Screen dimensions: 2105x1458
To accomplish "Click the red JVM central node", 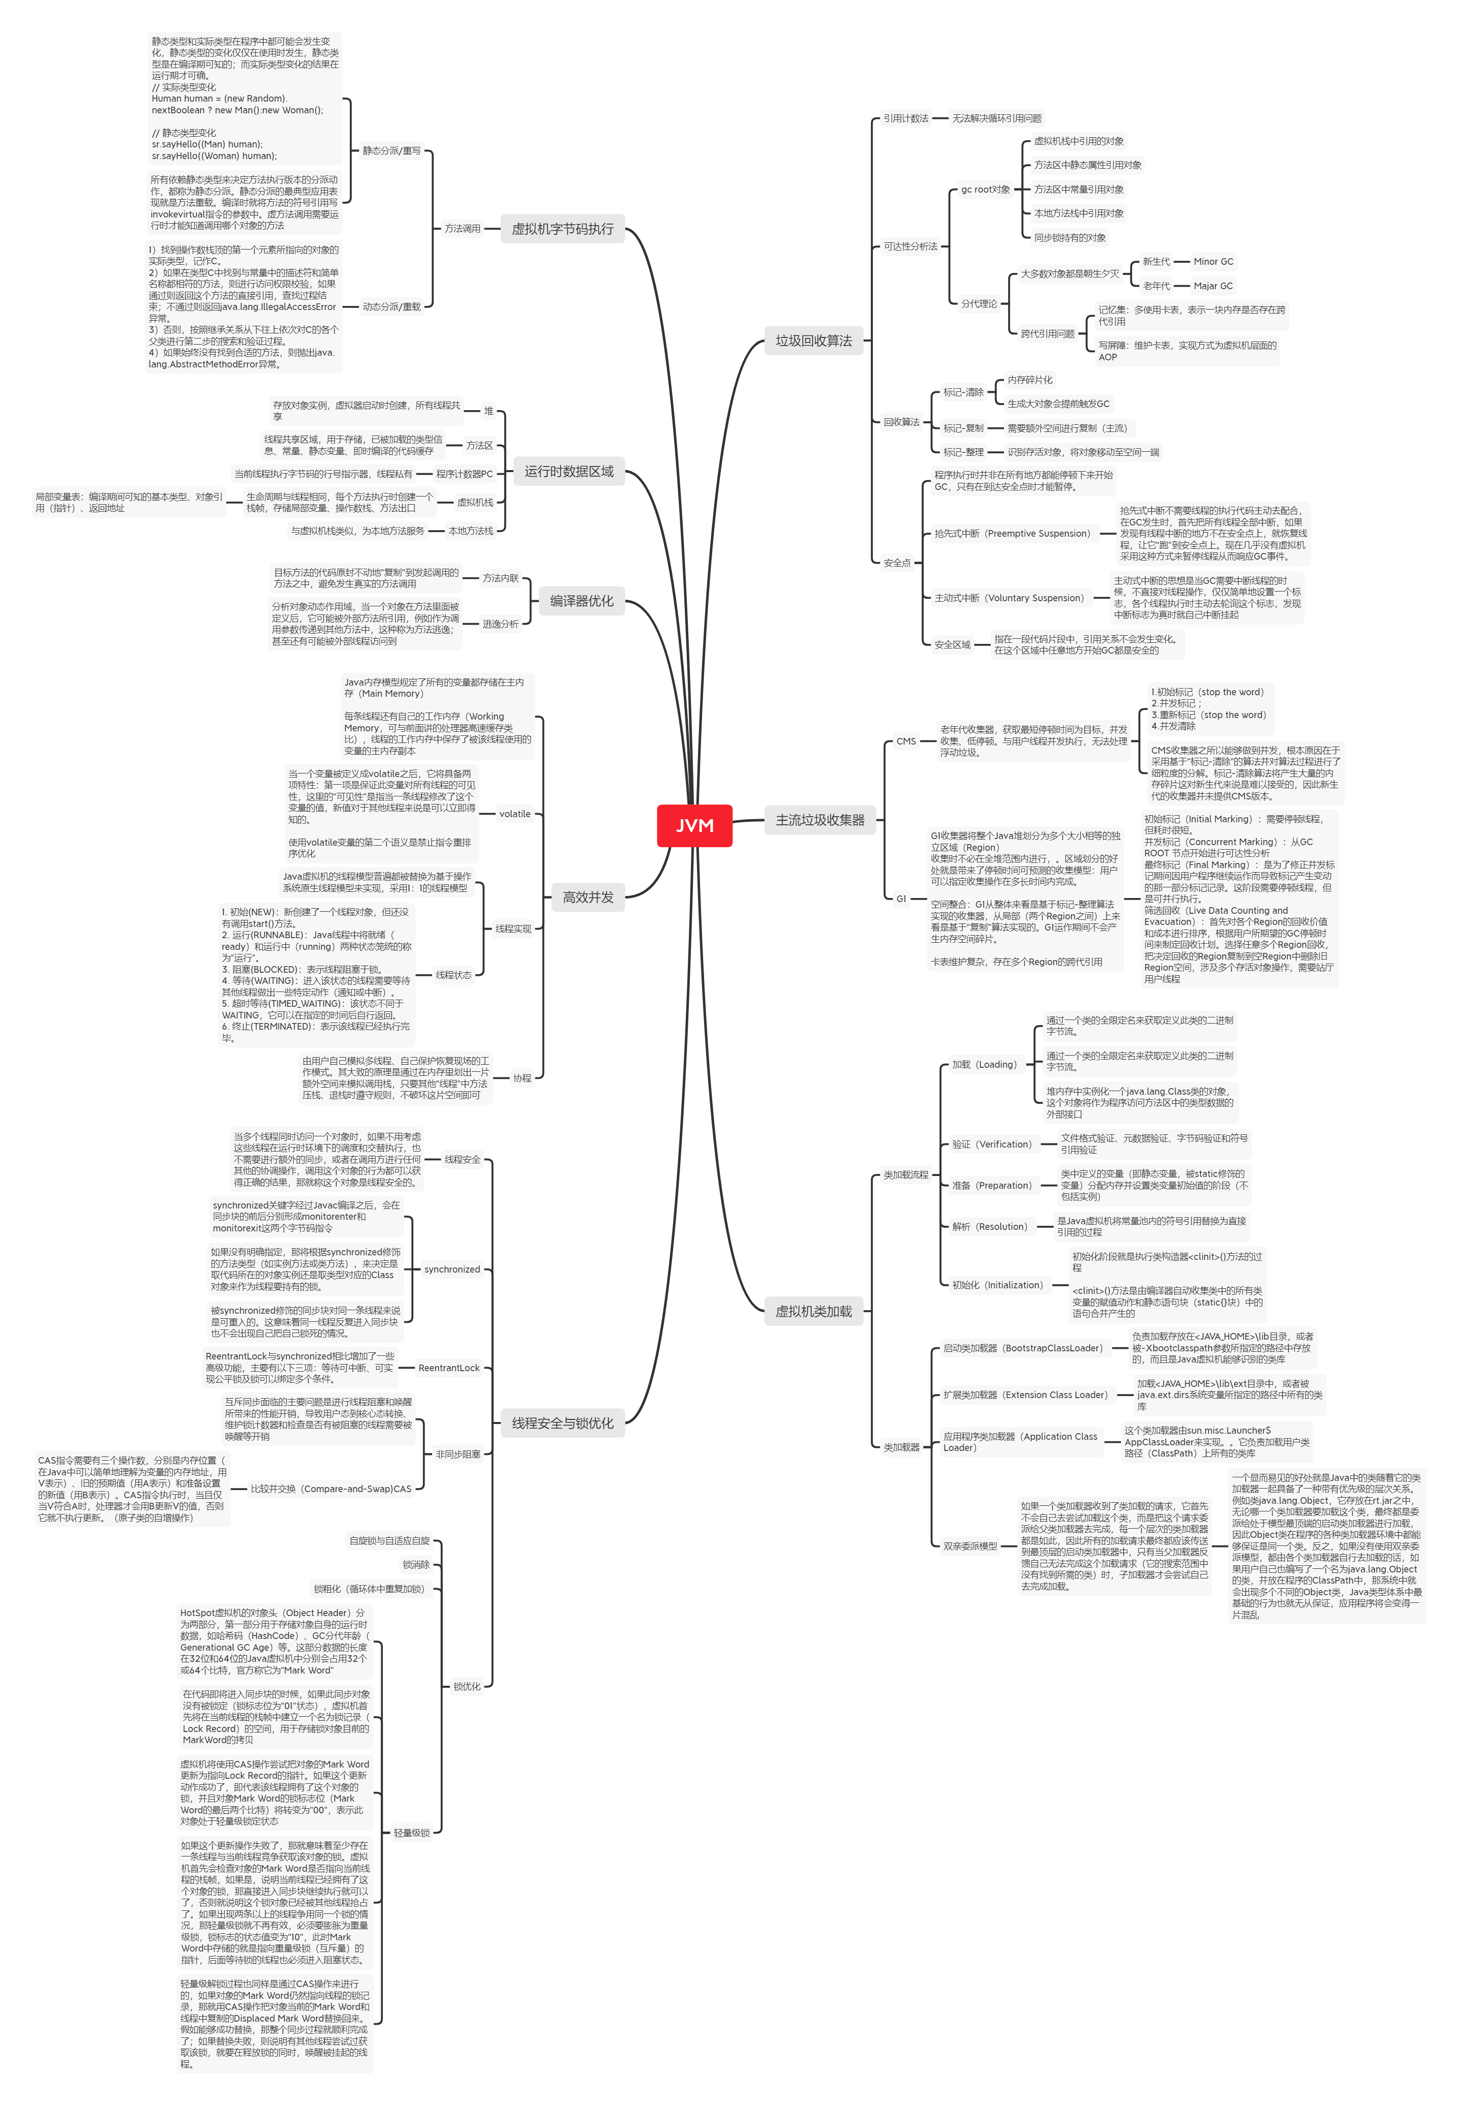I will click(694, 825).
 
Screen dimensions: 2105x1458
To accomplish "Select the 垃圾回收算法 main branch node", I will click(813, 340).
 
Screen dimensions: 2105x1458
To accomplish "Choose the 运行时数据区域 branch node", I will click(568, 471).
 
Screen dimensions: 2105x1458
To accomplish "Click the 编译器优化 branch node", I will click(581, 601).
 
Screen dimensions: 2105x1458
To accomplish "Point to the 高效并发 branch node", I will click(587, 897).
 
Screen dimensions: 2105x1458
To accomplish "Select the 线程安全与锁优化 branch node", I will click(562, 1423).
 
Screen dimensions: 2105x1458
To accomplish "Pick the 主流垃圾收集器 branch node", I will click(819, 820).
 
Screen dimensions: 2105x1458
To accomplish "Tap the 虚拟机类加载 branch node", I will click(813, 1311).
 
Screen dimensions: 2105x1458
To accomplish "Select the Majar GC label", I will click(1212, 286).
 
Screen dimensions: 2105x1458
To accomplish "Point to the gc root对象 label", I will click(985, 190).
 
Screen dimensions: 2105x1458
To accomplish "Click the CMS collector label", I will click(905, 741).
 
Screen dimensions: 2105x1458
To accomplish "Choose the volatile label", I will click(514, 814).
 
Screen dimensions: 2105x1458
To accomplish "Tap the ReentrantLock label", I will click(448, 1368).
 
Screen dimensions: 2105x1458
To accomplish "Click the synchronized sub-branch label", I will click(451, 1270).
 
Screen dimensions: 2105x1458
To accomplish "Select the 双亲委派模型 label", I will click(969, 1546).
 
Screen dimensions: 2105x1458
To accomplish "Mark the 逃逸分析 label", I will click(500, 624).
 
